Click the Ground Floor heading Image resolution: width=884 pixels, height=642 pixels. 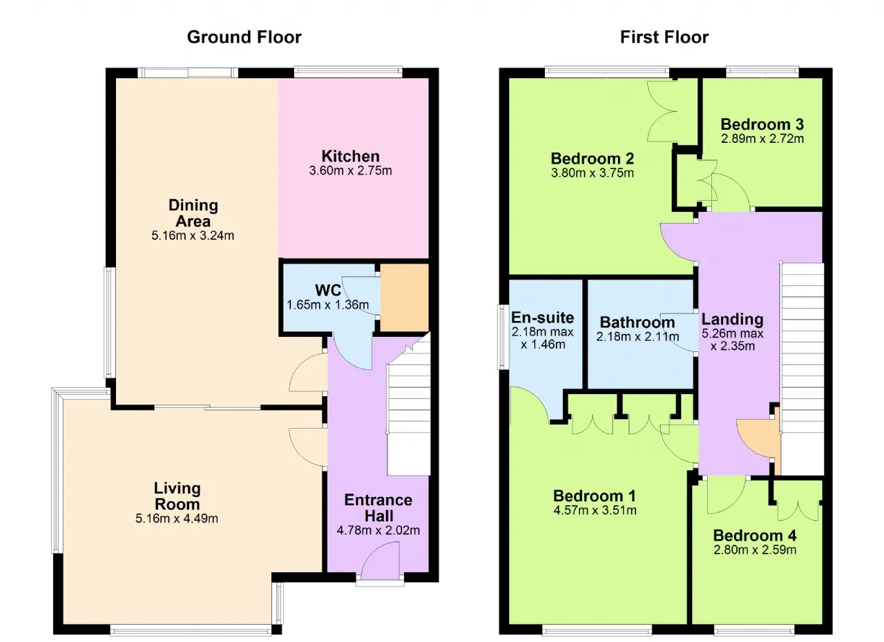point(244,37)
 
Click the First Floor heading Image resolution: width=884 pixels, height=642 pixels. point(664,37)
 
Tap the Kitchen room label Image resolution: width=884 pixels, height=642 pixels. point(350,156)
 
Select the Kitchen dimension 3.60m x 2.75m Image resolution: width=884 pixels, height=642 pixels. point(350,171)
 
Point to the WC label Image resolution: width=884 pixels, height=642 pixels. point(328,290)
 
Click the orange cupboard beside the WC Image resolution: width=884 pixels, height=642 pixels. point(405,298)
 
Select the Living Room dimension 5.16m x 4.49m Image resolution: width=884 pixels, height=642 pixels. point(177,518)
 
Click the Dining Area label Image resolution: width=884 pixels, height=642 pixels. point(193,213)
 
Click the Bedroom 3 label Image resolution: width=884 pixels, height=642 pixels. point(762,124)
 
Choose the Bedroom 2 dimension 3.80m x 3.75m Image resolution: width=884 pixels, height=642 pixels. point(593,173)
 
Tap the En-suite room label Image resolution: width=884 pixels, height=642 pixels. point(542,318)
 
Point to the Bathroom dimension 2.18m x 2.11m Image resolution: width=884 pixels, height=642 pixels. point(637,337)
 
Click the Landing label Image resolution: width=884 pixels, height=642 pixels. point(732,319)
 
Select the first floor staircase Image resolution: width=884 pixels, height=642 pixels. point(803,369)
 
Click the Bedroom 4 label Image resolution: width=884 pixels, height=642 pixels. point(755,536)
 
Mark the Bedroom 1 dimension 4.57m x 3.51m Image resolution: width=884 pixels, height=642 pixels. point(595,510)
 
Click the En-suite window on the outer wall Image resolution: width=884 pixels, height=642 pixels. point(503,337)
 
